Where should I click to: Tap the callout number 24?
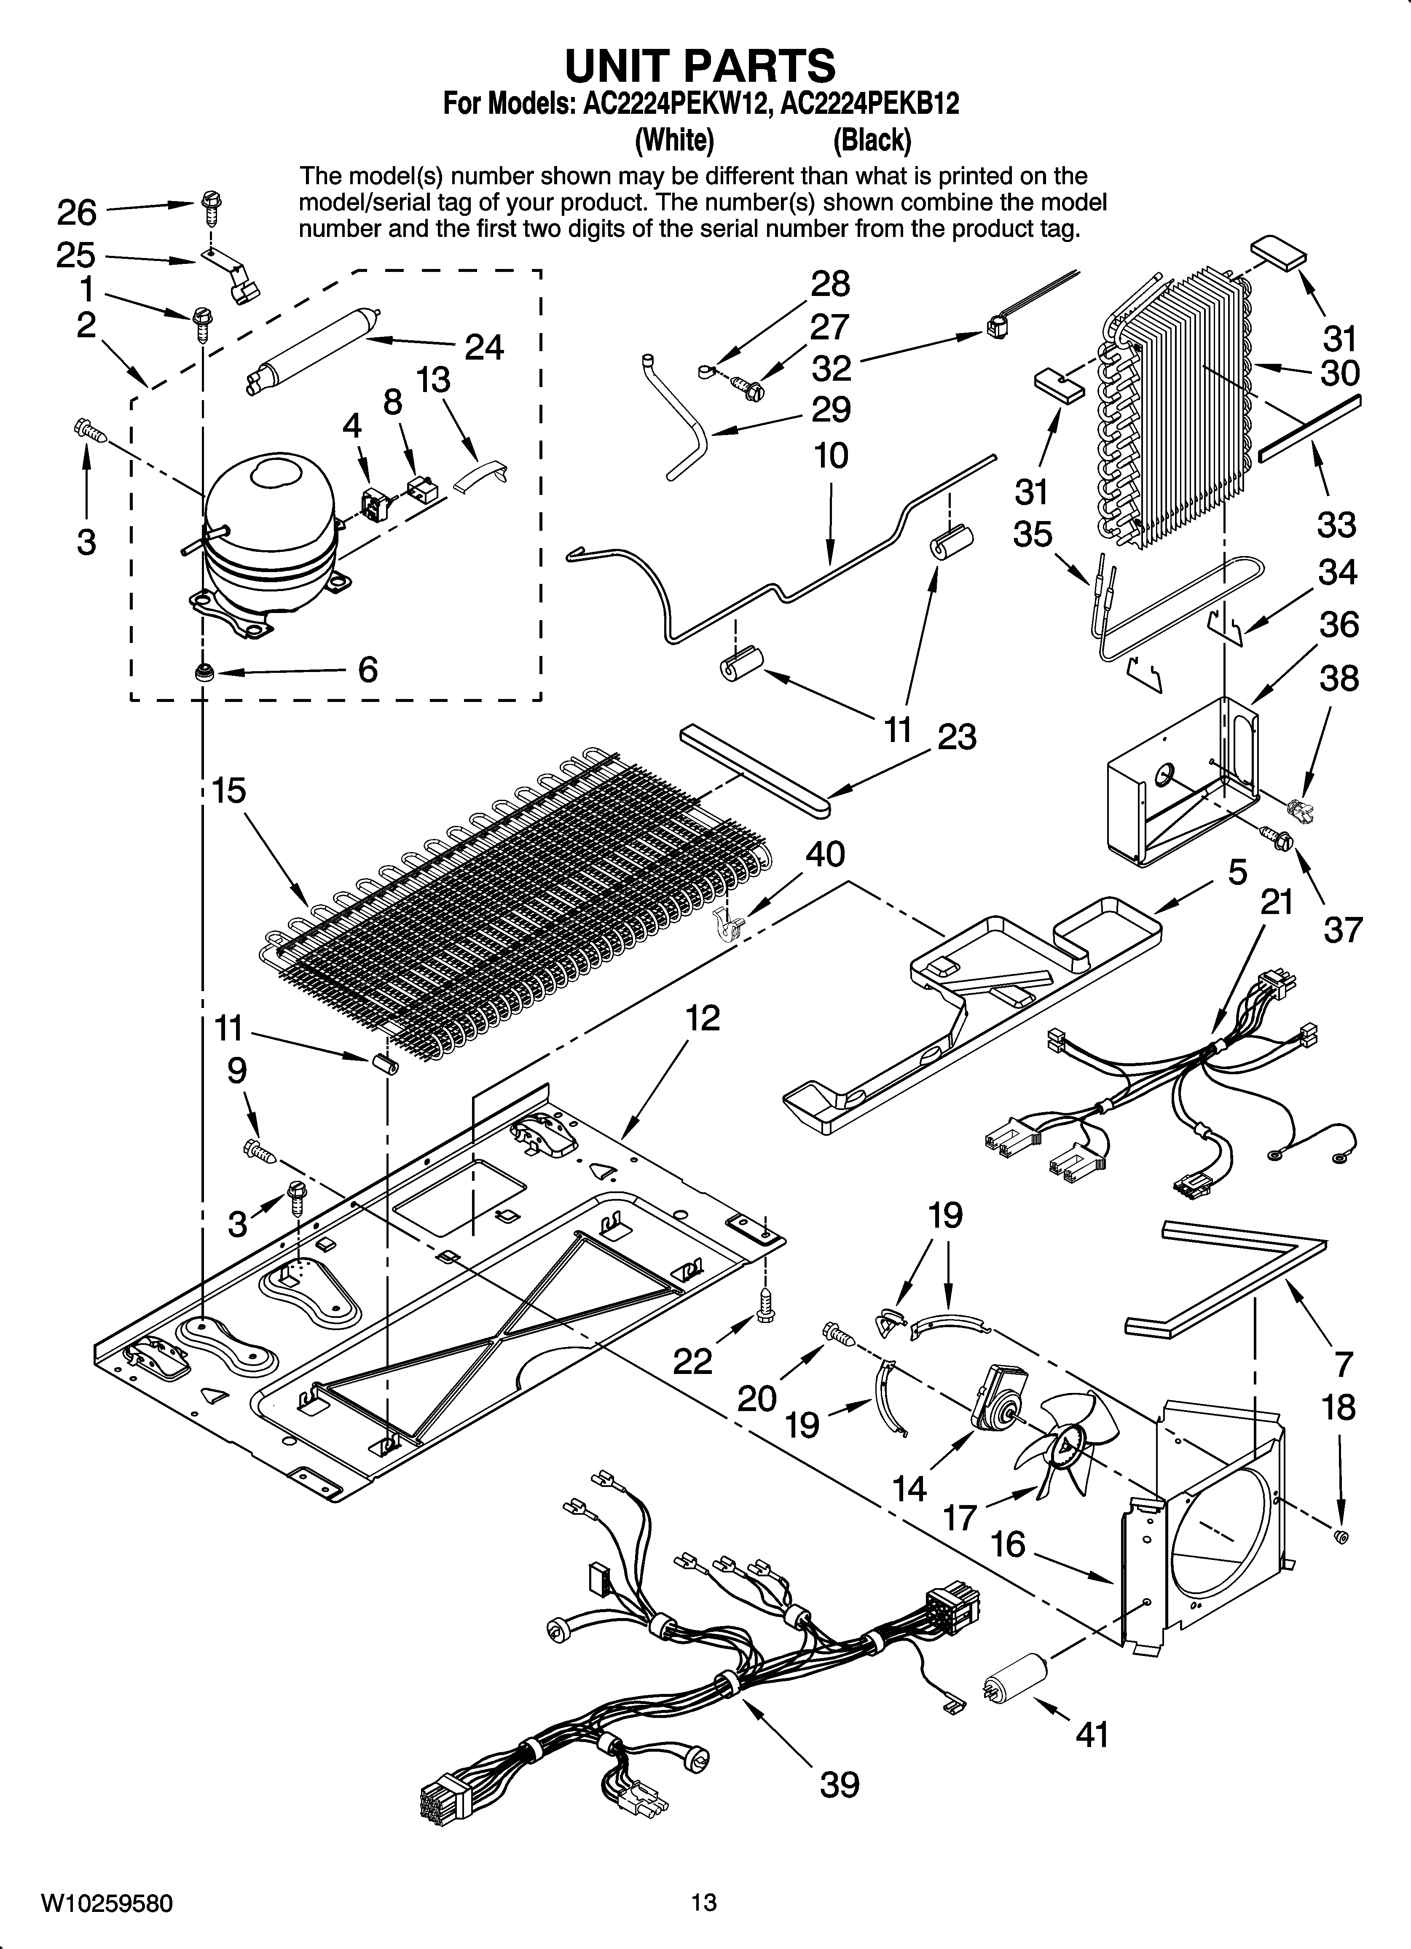[x=484, y=347]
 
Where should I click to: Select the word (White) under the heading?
[x=674, y=139]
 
